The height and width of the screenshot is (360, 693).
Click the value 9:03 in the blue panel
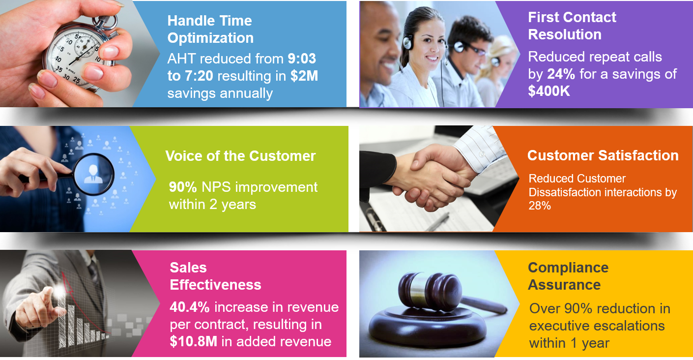pyautogui.click(x=302, y=59)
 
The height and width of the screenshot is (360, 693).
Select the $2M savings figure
pyautogui.click(x=304, y=76)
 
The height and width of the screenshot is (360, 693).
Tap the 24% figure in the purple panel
pyautogui.click(x=561, y=74)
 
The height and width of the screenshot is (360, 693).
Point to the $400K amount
pyautogui.click(x=549, y=91)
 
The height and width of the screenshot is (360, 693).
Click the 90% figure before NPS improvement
pyautogui.click(x=183, y=187)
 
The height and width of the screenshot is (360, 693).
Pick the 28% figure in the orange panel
pyautogui.click(x=540, y=206)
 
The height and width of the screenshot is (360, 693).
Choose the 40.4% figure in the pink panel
pyautogui.click(x=189, y=307)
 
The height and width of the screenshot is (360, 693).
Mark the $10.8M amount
pyautogui.click(x=193, y=341)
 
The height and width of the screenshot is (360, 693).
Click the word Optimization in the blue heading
pyautogui.click(x=210, y=38)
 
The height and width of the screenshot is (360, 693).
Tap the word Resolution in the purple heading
pyautogui.click(x=565, y=34)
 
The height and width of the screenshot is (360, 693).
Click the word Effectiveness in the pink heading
pyautogui.click(x=215, y=285)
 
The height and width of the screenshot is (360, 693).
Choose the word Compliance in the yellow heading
pyautogui.click(x=568, y=268)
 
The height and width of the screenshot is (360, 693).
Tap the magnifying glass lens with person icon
pyautogui.click(x=94, y=174)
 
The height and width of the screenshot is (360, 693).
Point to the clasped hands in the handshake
pyautogui.click(x=433, y=180)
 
